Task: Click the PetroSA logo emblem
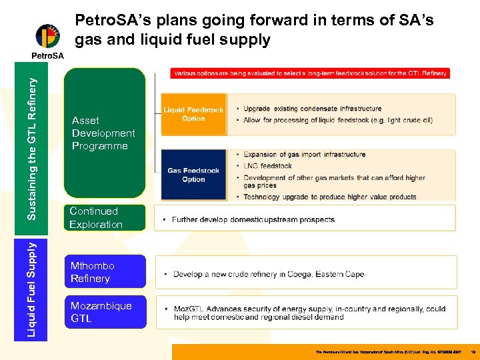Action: pyautogui.click(x=47, y=37)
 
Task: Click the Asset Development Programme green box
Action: pyautogui.click(x=104, y=133)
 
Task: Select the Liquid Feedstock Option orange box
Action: pyautogui.click(x=193, y=115)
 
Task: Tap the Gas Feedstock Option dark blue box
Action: pyautogui.click(x=193, y=175)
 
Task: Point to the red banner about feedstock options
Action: pyautogui.click(x=310, y=73)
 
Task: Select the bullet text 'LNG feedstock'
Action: pyautogui.click(x=267, y=166)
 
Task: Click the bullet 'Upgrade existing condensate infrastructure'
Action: pyautogui.click(x=313, y=109)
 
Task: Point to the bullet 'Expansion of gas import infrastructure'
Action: pyautogui.click(x=304, y=155)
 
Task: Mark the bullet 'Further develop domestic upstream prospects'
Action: pyautogui.click(x=253, y=219)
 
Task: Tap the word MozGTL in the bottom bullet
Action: pyautogui.click(x=189, y=309)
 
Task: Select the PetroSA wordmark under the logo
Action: pyautogui.click(x=47, y=56)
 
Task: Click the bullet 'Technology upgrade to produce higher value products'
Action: pyautogui.click(x=330, y=197)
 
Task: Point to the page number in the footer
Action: pyautogui.click(x=472, y=351)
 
